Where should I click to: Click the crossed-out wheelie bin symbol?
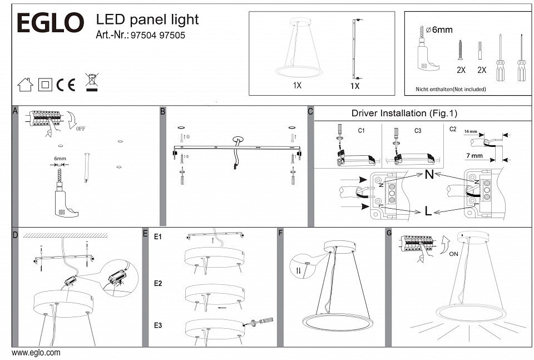pos(91,82)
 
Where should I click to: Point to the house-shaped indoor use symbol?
pos(25,85)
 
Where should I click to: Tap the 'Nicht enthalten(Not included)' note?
pos(451,89)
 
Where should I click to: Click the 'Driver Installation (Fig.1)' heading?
pos(404,113)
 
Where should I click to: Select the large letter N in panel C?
pos(429,174)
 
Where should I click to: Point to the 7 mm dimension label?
pos(473,156)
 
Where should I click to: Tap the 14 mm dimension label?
pos(470,132)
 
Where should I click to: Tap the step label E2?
pos(158,284)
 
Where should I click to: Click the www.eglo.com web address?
pos(36,353)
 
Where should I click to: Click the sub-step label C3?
pos(418,130)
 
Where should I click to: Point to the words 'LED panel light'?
pos(147,20)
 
